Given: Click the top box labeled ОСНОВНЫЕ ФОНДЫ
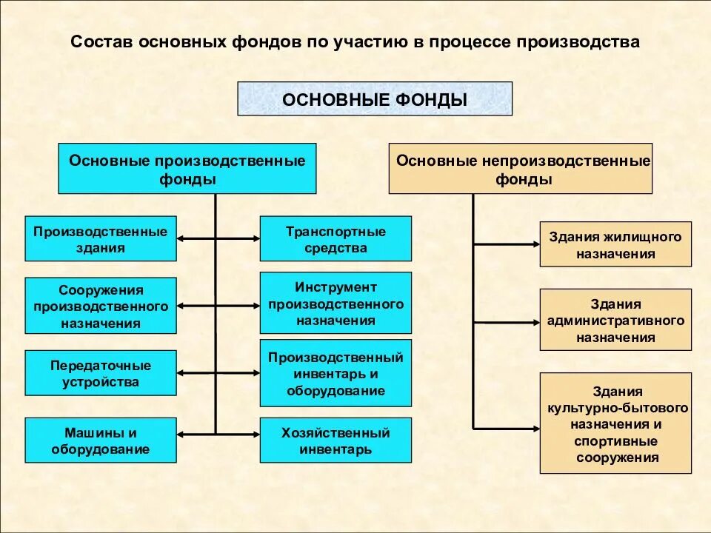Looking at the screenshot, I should click(374, 98).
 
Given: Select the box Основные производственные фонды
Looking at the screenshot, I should click(187, 169).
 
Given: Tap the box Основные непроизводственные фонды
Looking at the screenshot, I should click(521, 169).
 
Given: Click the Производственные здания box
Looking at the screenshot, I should click(101, 238).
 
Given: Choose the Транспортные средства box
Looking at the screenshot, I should click(336, 238).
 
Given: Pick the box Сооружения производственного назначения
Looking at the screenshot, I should click(101, 305).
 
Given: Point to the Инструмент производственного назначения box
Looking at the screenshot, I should click(336, 303).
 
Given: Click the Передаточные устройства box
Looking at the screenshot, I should click(101, 373).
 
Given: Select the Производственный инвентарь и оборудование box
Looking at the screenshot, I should click(336, 373).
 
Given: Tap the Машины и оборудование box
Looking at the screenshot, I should click(101, 440).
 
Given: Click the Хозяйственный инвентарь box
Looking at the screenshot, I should click(336, 440).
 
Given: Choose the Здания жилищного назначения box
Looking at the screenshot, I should click(615, 244).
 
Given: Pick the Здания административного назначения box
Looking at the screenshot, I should click(615, 320).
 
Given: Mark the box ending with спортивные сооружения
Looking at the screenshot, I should click(615, 423).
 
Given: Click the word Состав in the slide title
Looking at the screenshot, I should click(100, 42).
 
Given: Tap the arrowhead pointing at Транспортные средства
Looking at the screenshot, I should click(255, 238).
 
